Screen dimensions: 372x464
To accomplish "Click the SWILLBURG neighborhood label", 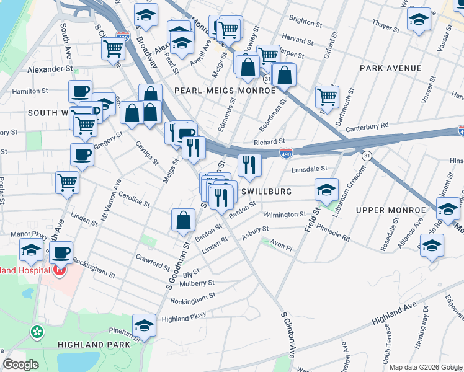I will pos(267,192).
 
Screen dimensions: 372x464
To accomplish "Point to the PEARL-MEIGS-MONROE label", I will pos(225,91).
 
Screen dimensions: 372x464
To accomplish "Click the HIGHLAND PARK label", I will pos(88,344).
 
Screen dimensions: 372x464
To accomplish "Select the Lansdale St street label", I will pos(310,169).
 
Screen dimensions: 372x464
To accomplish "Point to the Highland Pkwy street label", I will pos(184,319).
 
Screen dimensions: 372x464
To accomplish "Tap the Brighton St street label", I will pos(301,21).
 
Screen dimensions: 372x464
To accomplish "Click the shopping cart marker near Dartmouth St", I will pos(327,96).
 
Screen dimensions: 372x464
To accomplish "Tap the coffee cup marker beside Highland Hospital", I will pos(61,252).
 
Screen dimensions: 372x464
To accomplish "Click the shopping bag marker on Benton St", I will pos(184,220).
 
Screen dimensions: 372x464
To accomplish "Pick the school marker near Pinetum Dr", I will pos(145,325).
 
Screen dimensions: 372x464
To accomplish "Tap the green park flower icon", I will pos(37,332).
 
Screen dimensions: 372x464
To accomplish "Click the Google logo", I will pos(21,365).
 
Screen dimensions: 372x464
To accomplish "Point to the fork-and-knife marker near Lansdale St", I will pos(249,165).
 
